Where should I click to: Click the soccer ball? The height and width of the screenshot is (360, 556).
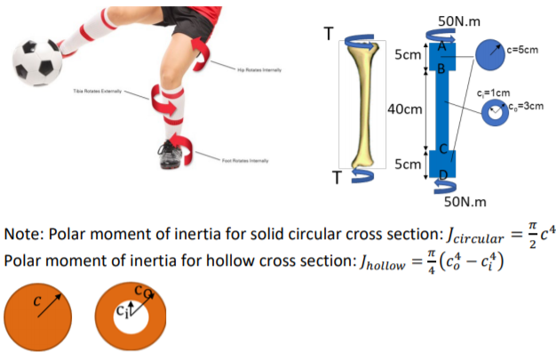click(x=37, y=60)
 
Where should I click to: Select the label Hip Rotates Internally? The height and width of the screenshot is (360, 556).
click(x=257, y=69)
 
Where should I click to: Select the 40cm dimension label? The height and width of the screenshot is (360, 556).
click(x=404, y=108)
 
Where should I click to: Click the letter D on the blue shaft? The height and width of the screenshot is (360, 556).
click(x=442, y=173)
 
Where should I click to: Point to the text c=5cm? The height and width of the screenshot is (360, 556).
click(x=523, y=50)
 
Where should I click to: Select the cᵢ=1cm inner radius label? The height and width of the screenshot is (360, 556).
click(x=493, y=92)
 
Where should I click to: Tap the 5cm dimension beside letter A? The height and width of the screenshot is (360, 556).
click(x=407, y=55)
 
